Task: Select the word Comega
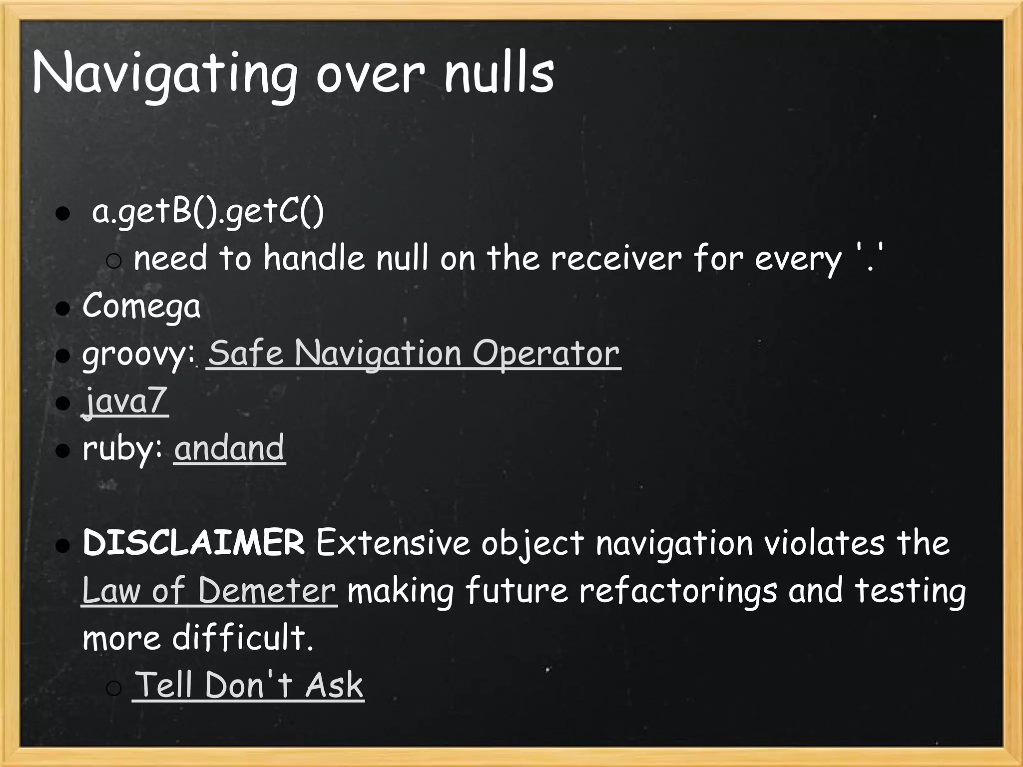pyautogui.click(x=141, y=306)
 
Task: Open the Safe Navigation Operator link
pyautogui.click(x=414, y=354)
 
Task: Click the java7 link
pyautogui.click(x=125, y=400)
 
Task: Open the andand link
pyautogui.click(x=229, y=448)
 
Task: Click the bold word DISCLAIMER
pyautogui.click(x=194, y=543)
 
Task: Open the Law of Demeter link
pyautogui.click(x=209, y=590)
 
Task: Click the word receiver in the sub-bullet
pyautogui.click(x=615, y=259)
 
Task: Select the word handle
pyautogui.click(x=314, y=259)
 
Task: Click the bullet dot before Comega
pyautogui.click(x=62, y=308)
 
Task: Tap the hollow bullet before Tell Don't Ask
pyautogui.click(x=114, y=689)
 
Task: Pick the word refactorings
pyautogui.click(x=678, y=590)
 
